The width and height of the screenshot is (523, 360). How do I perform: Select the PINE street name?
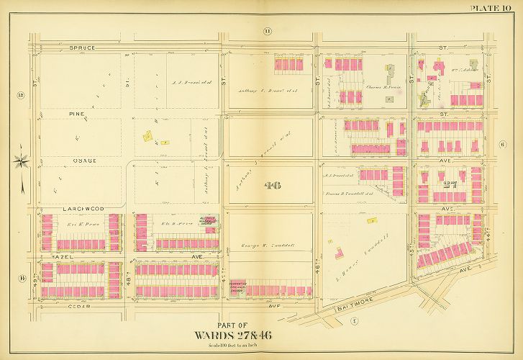[78, 114]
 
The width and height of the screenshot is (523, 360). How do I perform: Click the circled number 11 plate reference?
[268, 30]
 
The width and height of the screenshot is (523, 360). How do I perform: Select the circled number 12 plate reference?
[21, 95]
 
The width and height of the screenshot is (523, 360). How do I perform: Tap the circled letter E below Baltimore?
[354, 321]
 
